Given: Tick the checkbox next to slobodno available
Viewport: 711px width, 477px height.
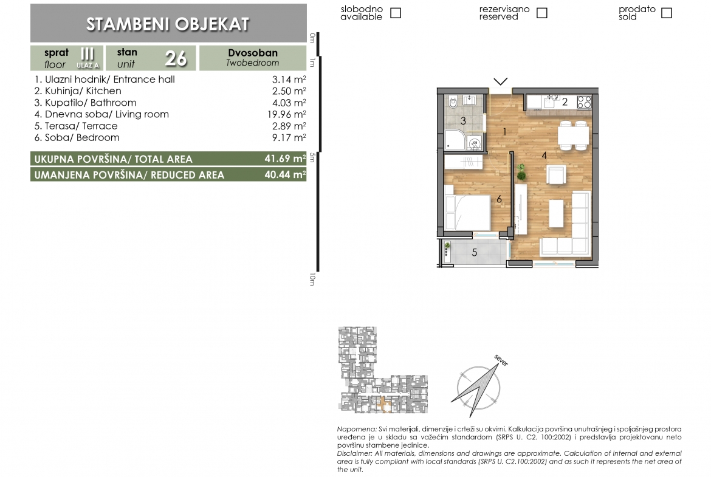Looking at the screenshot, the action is (x=396, y=13).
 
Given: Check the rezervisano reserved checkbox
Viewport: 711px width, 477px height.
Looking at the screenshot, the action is (x=542, y=13).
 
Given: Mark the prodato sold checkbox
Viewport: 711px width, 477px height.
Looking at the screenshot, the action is (x=667, y=13).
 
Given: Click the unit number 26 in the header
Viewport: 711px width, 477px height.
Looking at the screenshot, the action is (x=176, y=58).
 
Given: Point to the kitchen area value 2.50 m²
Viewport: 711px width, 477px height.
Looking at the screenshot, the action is (x=289, y=91).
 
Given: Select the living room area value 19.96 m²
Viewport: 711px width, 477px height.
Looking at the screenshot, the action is (x=287, y=114).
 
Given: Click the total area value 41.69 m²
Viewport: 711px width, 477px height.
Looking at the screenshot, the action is (x=285, y=159).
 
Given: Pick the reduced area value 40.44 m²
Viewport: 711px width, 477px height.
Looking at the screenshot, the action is (x=285, y=174).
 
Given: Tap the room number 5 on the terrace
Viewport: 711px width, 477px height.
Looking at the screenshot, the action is (x=474, y=253).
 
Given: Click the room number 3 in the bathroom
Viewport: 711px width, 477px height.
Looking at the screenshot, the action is (x=463, y=120).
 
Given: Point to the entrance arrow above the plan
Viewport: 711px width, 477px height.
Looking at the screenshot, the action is (x=501, y=81).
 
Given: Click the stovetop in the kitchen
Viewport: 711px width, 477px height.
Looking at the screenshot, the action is (x=585, y=102).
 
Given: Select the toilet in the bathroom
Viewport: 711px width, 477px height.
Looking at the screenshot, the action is (x=453, y=102).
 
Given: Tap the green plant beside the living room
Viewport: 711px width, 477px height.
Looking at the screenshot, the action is (x=521, y=173).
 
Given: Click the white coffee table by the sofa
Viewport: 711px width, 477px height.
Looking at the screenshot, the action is (x=557, y=213).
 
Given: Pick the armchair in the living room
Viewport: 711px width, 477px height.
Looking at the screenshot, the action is (x=557, y=174).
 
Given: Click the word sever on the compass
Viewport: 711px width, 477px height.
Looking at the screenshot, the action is (x=501, y=360).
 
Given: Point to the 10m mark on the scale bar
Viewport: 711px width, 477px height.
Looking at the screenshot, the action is (x=312, y=280).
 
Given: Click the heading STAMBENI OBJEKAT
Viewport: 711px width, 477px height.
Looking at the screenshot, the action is (x=168, y=24).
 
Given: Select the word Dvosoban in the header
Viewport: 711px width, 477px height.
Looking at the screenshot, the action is (x=253, y=53).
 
